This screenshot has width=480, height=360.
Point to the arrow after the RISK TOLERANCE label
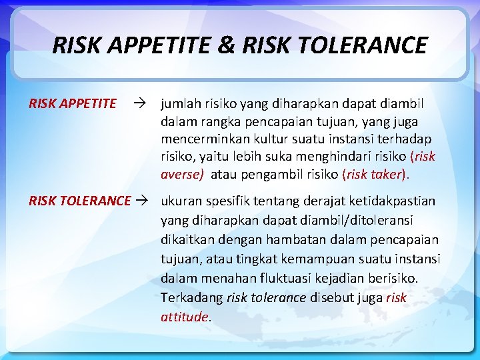[x=144, y=201]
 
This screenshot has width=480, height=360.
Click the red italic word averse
[x=181, y=174]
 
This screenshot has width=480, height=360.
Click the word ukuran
[x=181, y=201]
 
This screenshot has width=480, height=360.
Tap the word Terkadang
[x=191, y=297]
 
